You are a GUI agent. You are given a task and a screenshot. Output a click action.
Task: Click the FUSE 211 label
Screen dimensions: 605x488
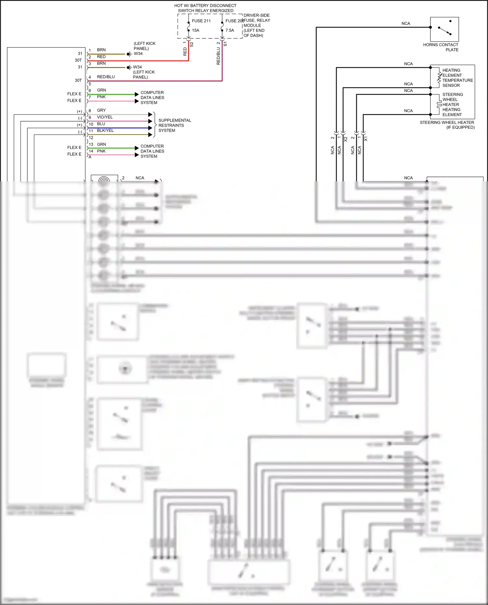tap(201, 21)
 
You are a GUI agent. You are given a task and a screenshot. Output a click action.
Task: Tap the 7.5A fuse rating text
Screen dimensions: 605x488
tap(230, 30)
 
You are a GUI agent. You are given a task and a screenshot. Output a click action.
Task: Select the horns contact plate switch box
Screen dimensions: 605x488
tap(444, 29)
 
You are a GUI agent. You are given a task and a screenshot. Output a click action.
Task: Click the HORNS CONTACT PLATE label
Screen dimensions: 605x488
tap(441, 47)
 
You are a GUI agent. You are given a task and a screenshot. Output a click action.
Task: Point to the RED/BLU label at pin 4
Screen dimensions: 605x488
tap(106, 77)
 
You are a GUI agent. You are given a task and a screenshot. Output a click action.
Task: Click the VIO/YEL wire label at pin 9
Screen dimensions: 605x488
tap(105, 117)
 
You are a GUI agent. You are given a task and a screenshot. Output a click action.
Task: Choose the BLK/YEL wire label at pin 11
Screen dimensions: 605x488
tap(105, 130)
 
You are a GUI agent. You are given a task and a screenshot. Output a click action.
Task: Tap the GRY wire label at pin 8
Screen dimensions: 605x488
tap(101, 110)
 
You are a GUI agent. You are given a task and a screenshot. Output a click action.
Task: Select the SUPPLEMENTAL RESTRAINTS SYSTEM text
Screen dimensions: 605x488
tap(174, 125)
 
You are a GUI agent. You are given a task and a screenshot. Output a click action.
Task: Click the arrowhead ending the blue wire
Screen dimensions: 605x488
tap(150, 128)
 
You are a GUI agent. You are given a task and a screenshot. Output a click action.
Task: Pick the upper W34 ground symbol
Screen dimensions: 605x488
tap(129, 54)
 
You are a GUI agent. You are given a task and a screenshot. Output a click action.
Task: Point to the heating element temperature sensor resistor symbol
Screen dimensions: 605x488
tap(439, 77)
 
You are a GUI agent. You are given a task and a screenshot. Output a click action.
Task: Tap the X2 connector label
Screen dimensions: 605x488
tap(346, 139)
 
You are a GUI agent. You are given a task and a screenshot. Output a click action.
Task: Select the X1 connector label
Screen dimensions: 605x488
tap(366, 139)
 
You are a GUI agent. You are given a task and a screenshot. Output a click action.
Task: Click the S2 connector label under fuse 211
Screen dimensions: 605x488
tap(192, 44)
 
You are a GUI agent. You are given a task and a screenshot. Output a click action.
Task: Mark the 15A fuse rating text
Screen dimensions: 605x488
tap(196, 30)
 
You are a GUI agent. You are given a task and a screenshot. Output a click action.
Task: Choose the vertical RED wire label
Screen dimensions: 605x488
tap(185, 51)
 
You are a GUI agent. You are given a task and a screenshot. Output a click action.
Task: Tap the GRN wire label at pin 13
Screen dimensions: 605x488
tap(101, 144)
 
